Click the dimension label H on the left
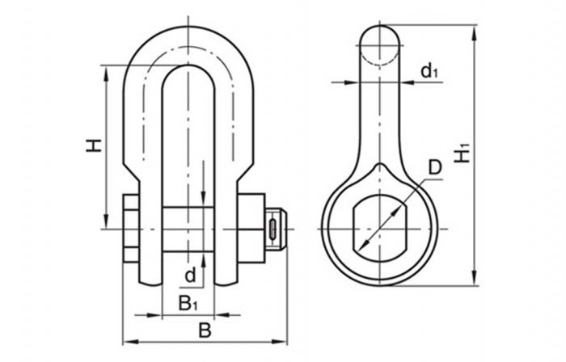(94, 145)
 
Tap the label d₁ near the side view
(429, 70)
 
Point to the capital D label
(435, 167)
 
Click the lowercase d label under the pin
(190, 276)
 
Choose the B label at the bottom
(205, 330)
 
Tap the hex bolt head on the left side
(131, 229)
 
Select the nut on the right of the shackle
(251, 229)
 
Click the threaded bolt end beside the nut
(277, 229)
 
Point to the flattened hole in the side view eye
(379, 229)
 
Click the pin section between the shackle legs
(188, 229)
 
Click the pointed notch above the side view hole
(379, 167)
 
